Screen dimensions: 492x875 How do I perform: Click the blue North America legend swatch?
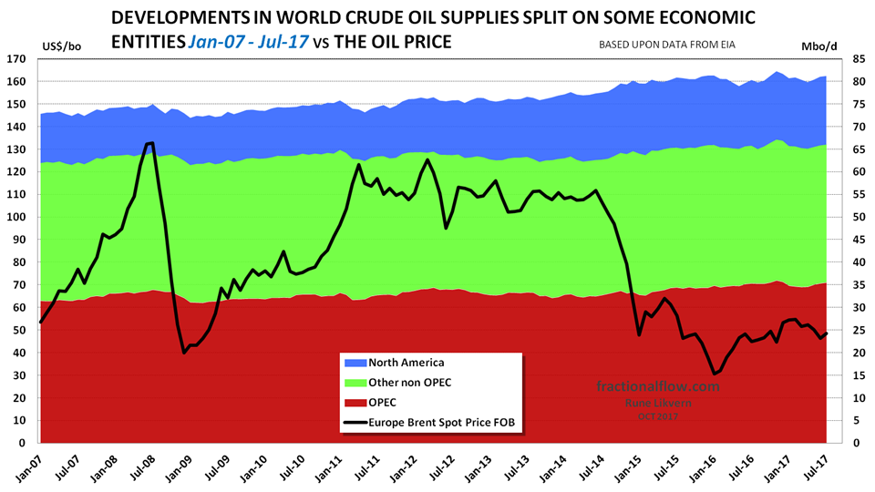(x=355, y=364)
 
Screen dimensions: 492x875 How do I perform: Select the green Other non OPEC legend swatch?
(x=355, y=383)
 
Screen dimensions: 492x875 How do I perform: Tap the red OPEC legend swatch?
(x=355, y=402)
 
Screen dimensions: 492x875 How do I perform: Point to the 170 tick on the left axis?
(x=26, y=59)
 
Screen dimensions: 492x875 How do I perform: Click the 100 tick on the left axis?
(x=26, y=218)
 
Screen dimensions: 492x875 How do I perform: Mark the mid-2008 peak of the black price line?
(x=149, y=143)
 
